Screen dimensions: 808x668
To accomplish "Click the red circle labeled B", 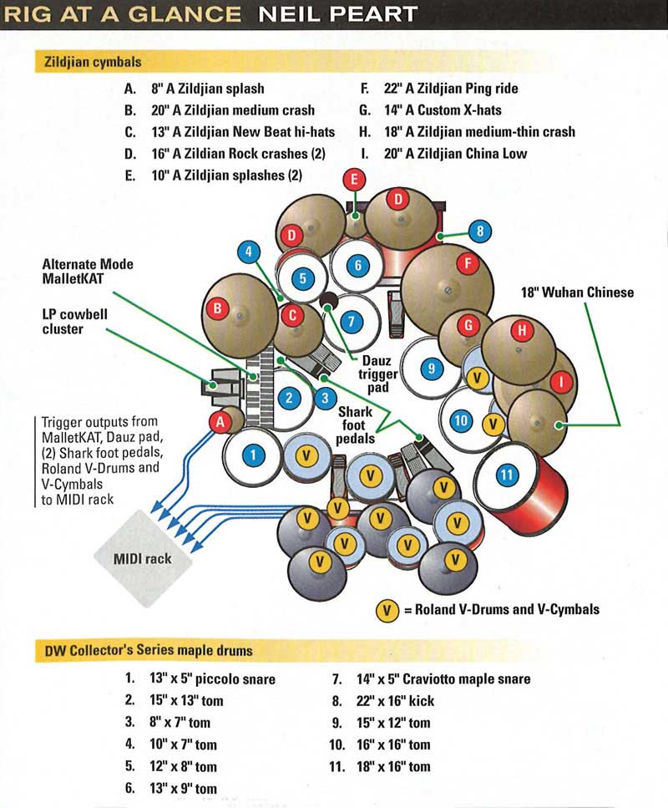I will pyautogui.click(x=219, y=308).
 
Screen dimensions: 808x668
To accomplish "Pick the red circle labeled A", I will pyautogui.click(x=220, y=422).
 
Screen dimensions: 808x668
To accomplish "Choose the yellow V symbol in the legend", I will pyautogui.click(x=386, y=609).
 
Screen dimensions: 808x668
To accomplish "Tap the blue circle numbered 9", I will pyautogui.click(x=431, y=367).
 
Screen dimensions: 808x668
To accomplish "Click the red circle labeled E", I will pyautogui.click(x=355, y=179).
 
